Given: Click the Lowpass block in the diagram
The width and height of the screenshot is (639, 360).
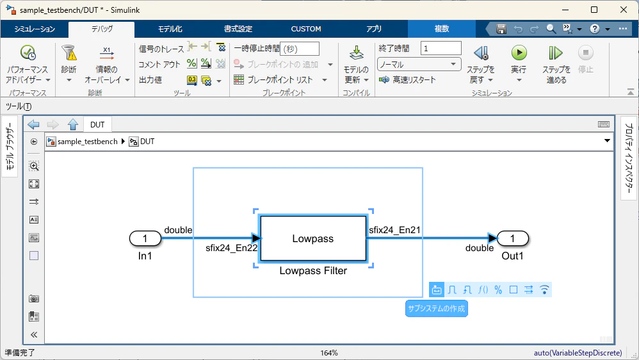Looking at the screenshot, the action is click(x=313, y=238).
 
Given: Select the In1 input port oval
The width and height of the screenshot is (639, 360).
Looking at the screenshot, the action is click(x=145, y=238).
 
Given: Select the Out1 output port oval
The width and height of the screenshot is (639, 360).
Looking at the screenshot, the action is click(x=513, y=238).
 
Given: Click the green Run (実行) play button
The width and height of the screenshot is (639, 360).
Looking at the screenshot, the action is click(x=519, y=53).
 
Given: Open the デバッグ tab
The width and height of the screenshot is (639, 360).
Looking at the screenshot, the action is click(x=102, y=29).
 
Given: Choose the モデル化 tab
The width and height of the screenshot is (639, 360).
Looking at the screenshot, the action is click(x=170, y=29).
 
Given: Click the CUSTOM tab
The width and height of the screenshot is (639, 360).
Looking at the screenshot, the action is click(x=306, y=29).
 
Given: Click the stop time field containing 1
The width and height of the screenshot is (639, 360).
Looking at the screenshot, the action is click(x=441, y=49).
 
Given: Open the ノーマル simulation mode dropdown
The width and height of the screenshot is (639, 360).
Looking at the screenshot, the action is click(x=419, y=65).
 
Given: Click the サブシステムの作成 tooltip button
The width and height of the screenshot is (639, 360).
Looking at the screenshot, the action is click(x=437, y=309).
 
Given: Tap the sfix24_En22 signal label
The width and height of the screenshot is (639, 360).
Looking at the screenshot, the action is click(x=232, y=248).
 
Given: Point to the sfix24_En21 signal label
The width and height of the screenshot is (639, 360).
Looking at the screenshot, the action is click(x=394, y=230).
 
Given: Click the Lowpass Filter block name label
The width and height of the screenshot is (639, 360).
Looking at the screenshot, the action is click(x=313, y=271).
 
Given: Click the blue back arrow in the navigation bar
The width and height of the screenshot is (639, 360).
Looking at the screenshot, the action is click(x=33, y=124).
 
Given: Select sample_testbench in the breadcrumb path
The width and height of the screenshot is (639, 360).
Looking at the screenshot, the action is click(x=87, y=142).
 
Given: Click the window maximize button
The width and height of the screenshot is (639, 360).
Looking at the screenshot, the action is click(x=594, y=10).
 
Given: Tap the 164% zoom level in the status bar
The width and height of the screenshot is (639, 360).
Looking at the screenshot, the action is click(x=329, y=353).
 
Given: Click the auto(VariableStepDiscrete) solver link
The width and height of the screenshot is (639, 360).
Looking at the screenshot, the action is click(x=578, y=353).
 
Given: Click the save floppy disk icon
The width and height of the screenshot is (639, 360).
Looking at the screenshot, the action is click(x=501, y=29).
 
